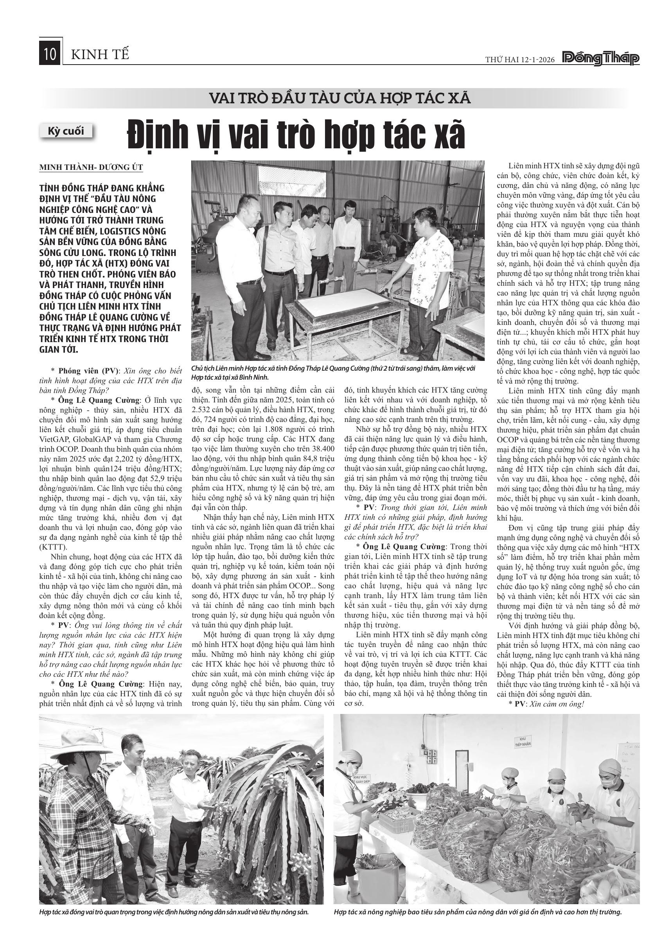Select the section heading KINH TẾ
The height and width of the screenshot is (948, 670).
[x=100, y=54]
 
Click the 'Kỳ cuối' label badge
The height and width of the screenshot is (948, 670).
[x=66, y=131]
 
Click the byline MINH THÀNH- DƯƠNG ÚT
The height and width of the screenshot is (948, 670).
[x=91, y=167]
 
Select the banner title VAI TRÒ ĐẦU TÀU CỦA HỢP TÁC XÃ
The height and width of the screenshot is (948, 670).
[x=340, y=98]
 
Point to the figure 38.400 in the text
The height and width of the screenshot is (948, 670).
[x=321, y=449]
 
